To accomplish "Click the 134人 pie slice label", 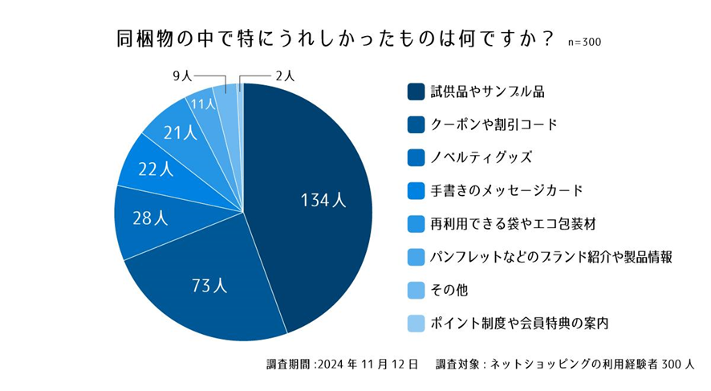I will click(x=323, y=201).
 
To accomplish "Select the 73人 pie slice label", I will click(x=210, y=284).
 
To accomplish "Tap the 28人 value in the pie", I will click(x=150, y=218).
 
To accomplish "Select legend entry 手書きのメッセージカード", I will click(x=506, y=190).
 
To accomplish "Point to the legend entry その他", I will click(x=449, y=290).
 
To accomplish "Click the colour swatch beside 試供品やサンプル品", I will click(x=416, y=91).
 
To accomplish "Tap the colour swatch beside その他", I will click(x=416, y=290).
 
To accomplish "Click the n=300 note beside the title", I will click(x=583, y=42).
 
